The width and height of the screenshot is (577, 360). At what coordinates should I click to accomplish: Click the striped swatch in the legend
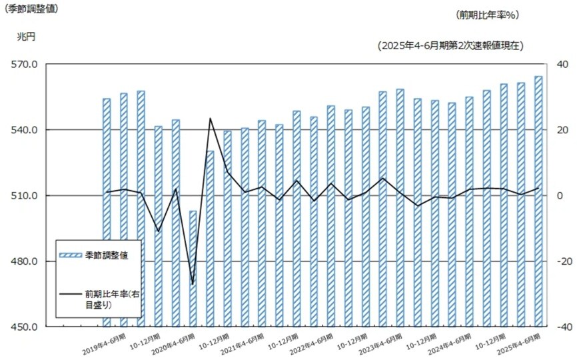[71, 256]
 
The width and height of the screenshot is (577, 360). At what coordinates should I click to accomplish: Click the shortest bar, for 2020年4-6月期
[193, 267]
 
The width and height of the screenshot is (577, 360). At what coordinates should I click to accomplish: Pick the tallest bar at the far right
[538, 200]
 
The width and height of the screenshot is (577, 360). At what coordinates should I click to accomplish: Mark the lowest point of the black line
[193, 285]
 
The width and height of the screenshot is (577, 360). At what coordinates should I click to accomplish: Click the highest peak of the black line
[210, 119]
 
